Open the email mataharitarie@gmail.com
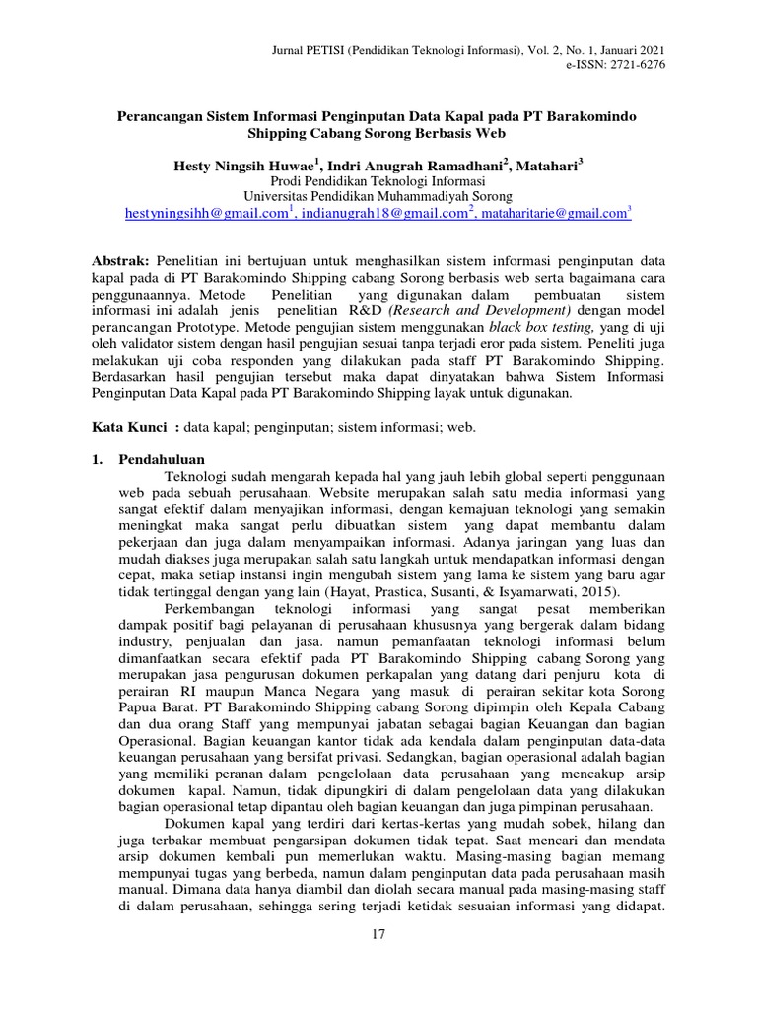(x=555, y=213)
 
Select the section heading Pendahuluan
(x=162, y=459)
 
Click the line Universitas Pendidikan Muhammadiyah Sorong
(x=378, y=196)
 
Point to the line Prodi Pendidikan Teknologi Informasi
(x=378, y=181)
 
